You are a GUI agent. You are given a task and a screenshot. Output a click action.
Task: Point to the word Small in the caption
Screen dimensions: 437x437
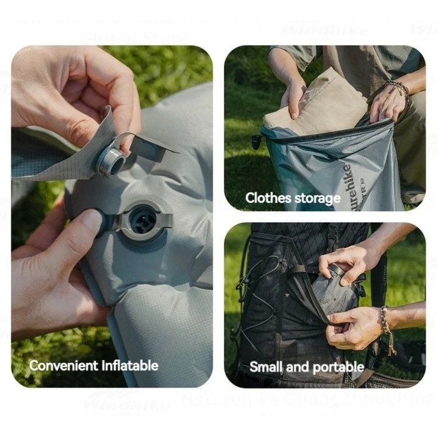[x=267, y=366]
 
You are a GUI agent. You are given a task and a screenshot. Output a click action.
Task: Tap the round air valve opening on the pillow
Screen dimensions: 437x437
[x=144, y=219]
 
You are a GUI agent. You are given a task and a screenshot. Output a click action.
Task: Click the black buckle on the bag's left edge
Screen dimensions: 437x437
[x=255, y=141]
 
